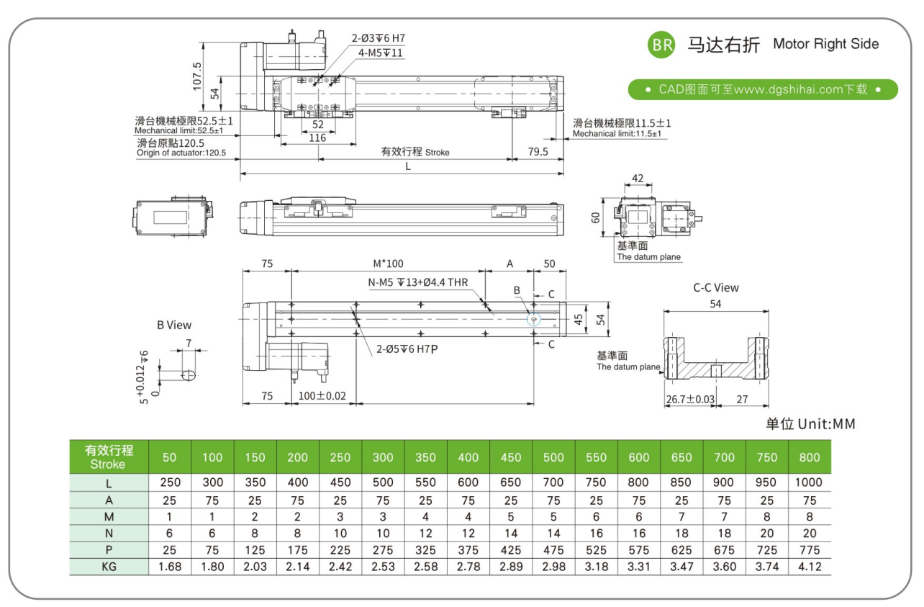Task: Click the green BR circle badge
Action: point(661,45)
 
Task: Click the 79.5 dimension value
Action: point(537,152)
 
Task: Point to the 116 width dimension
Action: point(317,138)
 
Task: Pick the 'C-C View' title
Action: point(715,287)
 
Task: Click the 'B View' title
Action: point(174,325)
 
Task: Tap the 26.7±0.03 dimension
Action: point(690,399)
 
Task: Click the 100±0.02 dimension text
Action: point(322,396)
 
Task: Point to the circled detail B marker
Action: point(533,320)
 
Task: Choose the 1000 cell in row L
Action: point(810,482)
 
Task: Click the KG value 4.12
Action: point(810,567)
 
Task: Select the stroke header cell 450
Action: point(511,457)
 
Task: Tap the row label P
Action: point(109,549)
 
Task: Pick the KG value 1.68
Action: point(169,567)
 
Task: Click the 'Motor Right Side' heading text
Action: point(825,44)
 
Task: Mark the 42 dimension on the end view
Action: point(638,178)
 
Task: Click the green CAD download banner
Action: point(763,89)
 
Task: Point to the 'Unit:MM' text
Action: point(826,423)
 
